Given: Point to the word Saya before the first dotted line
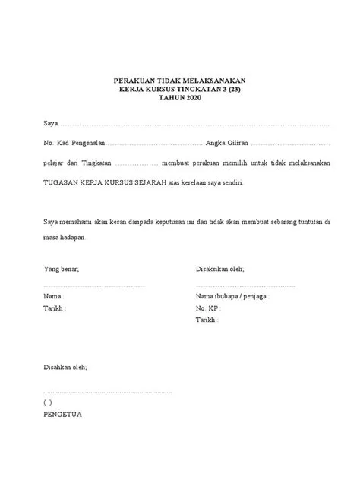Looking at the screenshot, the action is click(x=50, y=123).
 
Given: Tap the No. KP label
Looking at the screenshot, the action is click(x=207, y=309).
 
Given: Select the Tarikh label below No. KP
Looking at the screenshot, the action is click(x=207, y=321).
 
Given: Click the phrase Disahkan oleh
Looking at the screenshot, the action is click(x=65, y=368).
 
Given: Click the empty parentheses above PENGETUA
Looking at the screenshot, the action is click(x=47, y=403).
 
